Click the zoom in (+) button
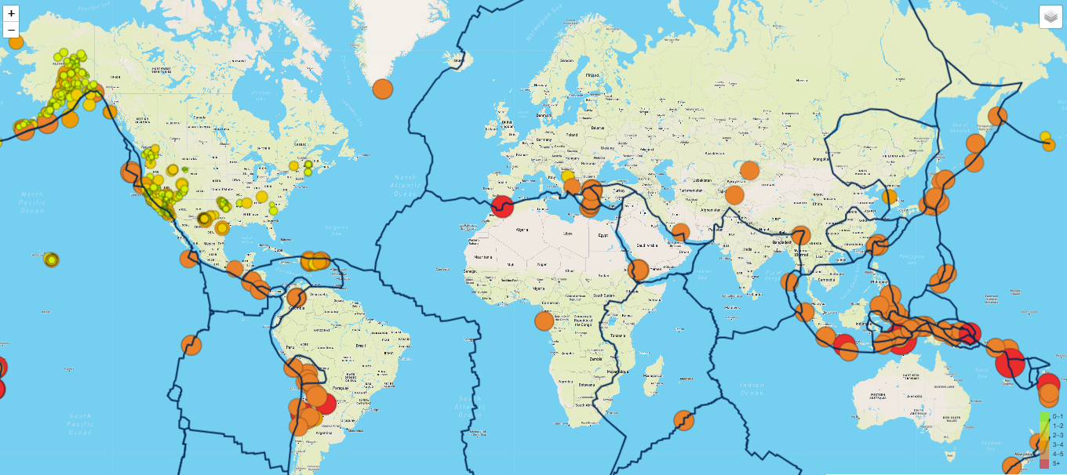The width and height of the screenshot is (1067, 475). click(x=11, y=13)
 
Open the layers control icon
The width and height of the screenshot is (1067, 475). click(x=1051, y=16)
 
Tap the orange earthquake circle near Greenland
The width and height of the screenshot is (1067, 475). click(x=382, y=89)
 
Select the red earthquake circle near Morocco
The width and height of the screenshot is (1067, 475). click(x=501, y=205)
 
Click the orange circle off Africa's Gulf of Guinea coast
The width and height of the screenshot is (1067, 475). click(x=544, y=321)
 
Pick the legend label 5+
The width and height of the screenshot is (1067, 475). click(x=1057, y=464)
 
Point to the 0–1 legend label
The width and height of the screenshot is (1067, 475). click(x=1057, y=416)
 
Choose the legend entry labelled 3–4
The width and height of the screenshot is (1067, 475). click(x=1057, y=444)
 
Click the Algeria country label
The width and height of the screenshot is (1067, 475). click(x=523, y=230)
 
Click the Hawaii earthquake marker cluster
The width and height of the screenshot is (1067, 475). click(x=52, y=259)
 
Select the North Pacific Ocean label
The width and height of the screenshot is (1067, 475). click(x=33, y=202)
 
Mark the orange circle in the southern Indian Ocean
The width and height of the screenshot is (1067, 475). click(x=685, y=420)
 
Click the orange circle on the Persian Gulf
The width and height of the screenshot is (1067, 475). click(x=681, y=232)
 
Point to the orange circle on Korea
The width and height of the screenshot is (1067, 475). click(x=890, y=197)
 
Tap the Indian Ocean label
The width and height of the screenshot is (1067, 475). click(x=752, y=388)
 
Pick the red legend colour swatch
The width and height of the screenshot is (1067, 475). click(x=1044, y=463)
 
